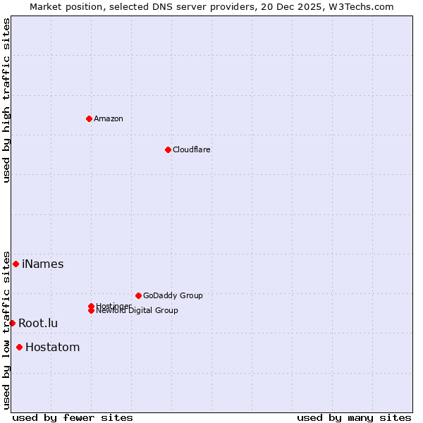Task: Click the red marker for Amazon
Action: pos(89,118)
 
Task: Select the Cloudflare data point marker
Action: pos(168,149)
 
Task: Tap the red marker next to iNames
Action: pos(16,264)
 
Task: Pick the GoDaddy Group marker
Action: pos(138,295)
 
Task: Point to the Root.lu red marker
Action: pos(12,323)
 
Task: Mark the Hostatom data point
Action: pos(19,347)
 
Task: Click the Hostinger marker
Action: pos(91,306)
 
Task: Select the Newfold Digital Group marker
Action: pos(91,311)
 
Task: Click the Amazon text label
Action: pos(109,118)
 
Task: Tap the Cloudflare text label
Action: pos(192,149)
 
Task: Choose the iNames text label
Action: pos(43,264)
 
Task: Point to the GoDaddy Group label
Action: pos(173,295)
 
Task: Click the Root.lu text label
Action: pos(38,324)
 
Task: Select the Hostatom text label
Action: pos(53,348)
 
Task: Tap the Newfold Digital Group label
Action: pos(138,311)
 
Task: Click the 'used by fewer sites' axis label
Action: pos(73,417)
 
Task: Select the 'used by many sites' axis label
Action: pos(354,417)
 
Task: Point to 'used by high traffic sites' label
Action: pos(6,100)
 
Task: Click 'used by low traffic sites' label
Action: pos(6,330)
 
